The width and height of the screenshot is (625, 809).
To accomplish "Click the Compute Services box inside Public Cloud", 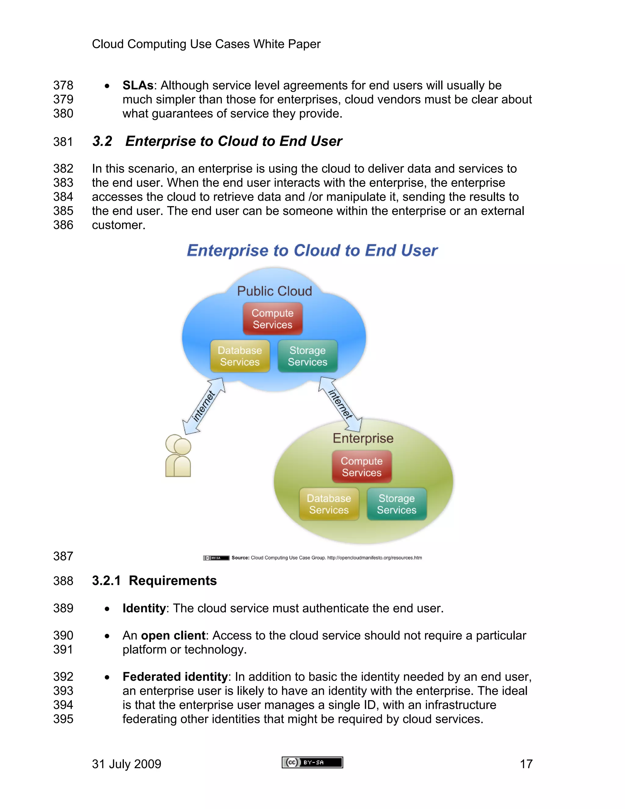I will (273, 318).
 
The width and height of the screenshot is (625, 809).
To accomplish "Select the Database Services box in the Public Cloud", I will (240, 356).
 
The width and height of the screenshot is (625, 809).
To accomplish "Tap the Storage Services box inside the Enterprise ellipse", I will (396, 504).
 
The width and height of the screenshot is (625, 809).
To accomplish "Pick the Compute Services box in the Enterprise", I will (362, 466).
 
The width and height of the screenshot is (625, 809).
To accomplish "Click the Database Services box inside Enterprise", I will (329, 504).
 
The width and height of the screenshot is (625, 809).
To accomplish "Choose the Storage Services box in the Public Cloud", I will (307, 356).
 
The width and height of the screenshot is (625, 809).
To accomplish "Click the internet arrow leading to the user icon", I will (203, 406).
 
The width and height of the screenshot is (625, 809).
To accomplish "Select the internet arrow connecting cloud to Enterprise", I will (340, 404).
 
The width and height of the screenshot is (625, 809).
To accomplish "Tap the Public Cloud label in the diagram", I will (274, 291).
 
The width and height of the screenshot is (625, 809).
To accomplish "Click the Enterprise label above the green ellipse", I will (363, 438).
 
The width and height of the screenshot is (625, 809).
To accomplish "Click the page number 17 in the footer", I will (526, 764).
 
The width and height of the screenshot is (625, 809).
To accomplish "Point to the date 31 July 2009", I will (127, 764).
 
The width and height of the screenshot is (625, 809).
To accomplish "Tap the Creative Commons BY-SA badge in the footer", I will (312, 762).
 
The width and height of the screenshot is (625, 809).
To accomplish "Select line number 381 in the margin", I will (63, 142).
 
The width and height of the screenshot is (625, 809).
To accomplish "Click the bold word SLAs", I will (138, 85).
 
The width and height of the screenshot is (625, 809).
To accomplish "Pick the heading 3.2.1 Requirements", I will (154, 580).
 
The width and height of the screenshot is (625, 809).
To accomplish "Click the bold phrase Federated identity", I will (175, 677).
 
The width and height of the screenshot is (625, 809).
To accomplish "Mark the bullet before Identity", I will (107, 609).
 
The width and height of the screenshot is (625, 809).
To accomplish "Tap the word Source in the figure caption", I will (240, 557).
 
